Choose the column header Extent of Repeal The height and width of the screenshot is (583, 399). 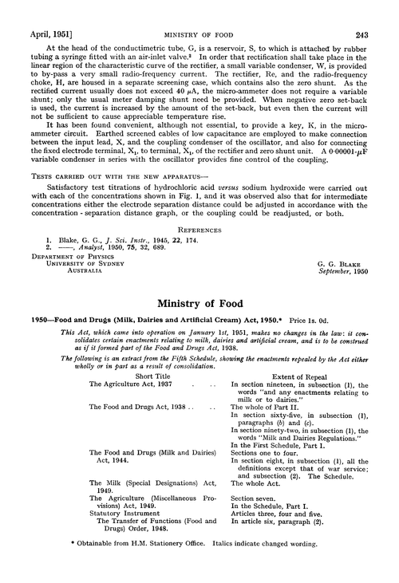(282, 375)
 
